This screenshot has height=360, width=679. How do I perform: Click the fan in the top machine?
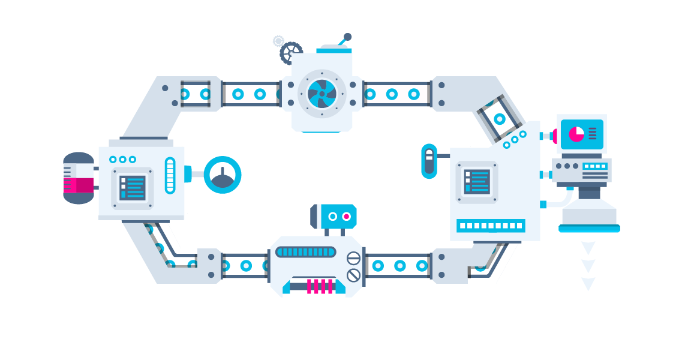pyautogui.click(x=322, y=94)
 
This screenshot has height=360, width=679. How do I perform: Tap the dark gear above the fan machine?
pyautogui.click(x=291, y=52)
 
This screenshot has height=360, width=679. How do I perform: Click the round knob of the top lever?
pyautogui.click(x=347, y=37)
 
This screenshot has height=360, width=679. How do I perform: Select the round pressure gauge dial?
pyautogui.click(x=223, y=175)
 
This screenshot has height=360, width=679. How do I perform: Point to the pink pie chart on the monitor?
pyautogui.click(x=576, y=133)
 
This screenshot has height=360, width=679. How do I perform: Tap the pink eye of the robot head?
pyautogui.click(x=346, y=216)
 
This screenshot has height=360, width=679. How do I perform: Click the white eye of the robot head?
pyautogui.click(x=332, y=216)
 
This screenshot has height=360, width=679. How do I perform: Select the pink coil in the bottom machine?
pyautogui.click(x=320, y=286)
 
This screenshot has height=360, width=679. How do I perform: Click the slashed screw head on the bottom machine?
pyautogui.click(x=354, y=275)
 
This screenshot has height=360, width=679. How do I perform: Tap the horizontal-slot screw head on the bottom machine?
pyautogui.click(x=354, y=259)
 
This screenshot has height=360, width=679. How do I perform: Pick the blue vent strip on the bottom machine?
pyautogui.click(x=306, y=252)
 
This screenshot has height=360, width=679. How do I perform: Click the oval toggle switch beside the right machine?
pyautogui.click(x=429, y=161)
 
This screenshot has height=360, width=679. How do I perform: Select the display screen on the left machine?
pyautogui.click(x=132, y=188)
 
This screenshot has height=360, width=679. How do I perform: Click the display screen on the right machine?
pyautogui.click(x=477, y=181)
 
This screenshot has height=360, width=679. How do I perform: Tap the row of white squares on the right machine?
pyautogui.click(x=491, y=226)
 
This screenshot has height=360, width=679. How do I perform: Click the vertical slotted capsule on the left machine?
pyautogui.click(x=170, y=175)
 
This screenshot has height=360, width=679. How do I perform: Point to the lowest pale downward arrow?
pyautogui.click(x=588, y=284)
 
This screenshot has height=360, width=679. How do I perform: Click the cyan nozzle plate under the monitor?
pyautogui.click(x=589, y=228)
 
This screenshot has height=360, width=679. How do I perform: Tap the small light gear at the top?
pyautogui.click(x=278, y=41)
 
